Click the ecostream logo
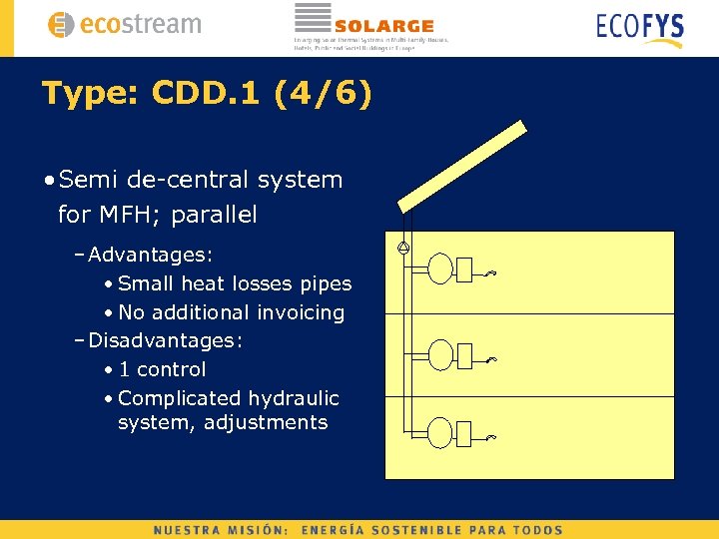pos(124,24)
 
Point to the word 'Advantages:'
pos(151,255)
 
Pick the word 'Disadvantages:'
pos(166,340)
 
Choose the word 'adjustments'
pos(266,422)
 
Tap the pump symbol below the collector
pos(404,249)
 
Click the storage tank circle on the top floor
pos(440,269)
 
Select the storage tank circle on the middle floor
pos(440,353)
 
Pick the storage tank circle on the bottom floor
pos(440,432)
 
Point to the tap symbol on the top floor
pos(489,273)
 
